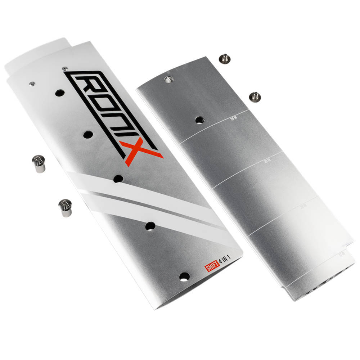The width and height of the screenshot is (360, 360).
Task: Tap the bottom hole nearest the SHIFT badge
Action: tap(184, 276)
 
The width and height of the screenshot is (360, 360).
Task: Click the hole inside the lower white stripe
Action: tap(150, 226)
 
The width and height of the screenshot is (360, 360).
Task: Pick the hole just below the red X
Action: tap(118, 179)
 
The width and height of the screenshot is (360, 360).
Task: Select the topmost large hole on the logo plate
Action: tap(60, 93)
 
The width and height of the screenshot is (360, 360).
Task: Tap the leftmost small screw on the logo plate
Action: tap(32, 84)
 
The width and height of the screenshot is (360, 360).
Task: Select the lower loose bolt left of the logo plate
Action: tap(65, 208)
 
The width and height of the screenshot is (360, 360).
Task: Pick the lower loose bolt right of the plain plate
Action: tap(255, 96)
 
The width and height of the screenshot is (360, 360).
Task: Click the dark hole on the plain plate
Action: tap(200, 120)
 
